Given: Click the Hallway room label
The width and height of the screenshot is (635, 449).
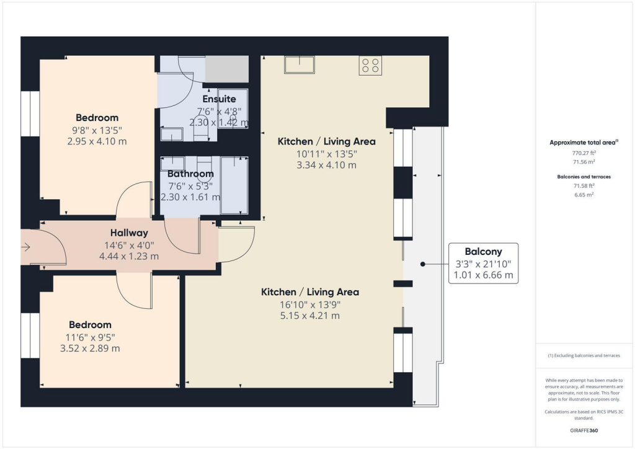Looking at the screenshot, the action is (129, 233).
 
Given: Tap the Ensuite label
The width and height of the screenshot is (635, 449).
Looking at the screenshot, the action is (219, 99).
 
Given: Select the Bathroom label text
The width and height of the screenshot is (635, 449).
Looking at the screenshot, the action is (190, 174).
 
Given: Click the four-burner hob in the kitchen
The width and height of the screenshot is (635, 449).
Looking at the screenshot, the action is (370, 66).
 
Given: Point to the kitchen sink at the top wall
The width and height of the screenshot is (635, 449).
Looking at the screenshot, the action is (300, 64).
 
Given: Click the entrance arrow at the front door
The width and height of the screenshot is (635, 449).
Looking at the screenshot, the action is (26, 247).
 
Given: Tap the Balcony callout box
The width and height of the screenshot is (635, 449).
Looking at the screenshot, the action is (483, 263).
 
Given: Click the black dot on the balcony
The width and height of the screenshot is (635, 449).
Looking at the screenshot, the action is (423, 264).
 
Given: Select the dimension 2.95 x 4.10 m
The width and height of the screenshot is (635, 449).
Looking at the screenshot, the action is (97, 141).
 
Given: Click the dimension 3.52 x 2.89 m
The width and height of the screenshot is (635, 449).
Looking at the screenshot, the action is (90, 348).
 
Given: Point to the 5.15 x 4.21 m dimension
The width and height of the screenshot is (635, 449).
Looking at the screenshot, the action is (310, 316).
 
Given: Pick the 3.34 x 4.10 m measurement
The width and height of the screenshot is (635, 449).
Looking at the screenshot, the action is (326, 165).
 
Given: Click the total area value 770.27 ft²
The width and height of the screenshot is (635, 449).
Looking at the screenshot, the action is (584, 153).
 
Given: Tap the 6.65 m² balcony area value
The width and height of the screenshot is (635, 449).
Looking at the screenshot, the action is (584, 195).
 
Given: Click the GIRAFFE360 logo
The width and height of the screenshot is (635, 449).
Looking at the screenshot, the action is (584, 430).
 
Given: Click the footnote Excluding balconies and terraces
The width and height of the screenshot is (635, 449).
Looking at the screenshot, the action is (584, 355).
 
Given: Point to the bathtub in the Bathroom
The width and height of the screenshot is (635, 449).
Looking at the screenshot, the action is (234, 185).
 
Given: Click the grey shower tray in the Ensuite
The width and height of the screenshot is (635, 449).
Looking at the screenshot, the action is (227, 69).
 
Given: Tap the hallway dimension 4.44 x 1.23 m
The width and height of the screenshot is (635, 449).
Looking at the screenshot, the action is (129, 256).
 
